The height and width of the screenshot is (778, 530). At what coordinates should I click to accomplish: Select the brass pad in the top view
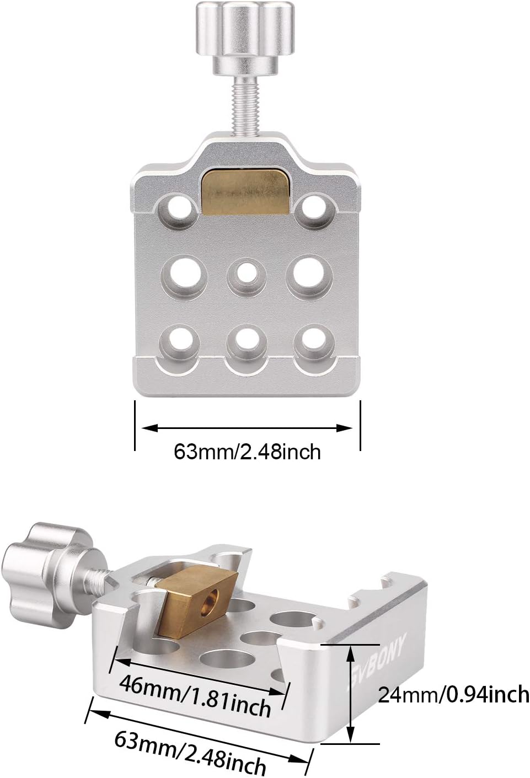pyautogui.click(x=245, y=192)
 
